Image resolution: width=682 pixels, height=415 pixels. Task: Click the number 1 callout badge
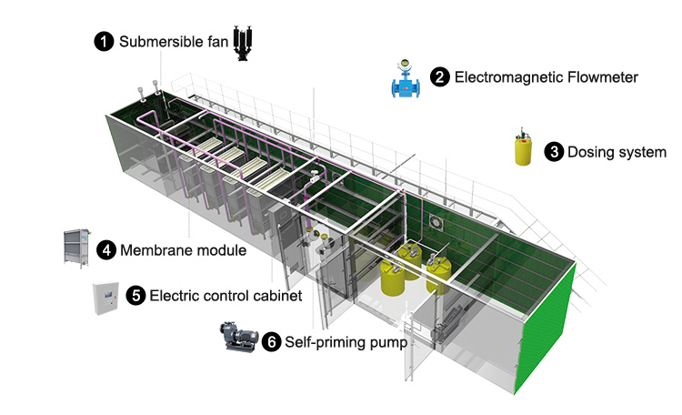(x=105, y=41)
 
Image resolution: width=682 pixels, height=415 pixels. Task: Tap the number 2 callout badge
(x=440, y=77)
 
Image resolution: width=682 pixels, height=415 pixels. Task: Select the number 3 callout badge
(x=553, y=152)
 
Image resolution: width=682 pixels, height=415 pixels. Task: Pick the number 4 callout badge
(x=106, y=249)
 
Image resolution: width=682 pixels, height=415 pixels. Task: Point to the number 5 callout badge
(x=135, y=295)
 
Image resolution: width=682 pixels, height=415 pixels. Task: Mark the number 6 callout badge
(x=271, y=342)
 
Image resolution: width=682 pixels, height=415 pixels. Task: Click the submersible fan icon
(x=243, y=42)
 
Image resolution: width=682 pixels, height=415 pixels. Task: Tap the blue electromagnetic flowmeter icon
(x=401, y=79)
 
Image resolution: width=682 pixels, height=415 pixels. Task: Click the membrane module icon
(x=76, y=248)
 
